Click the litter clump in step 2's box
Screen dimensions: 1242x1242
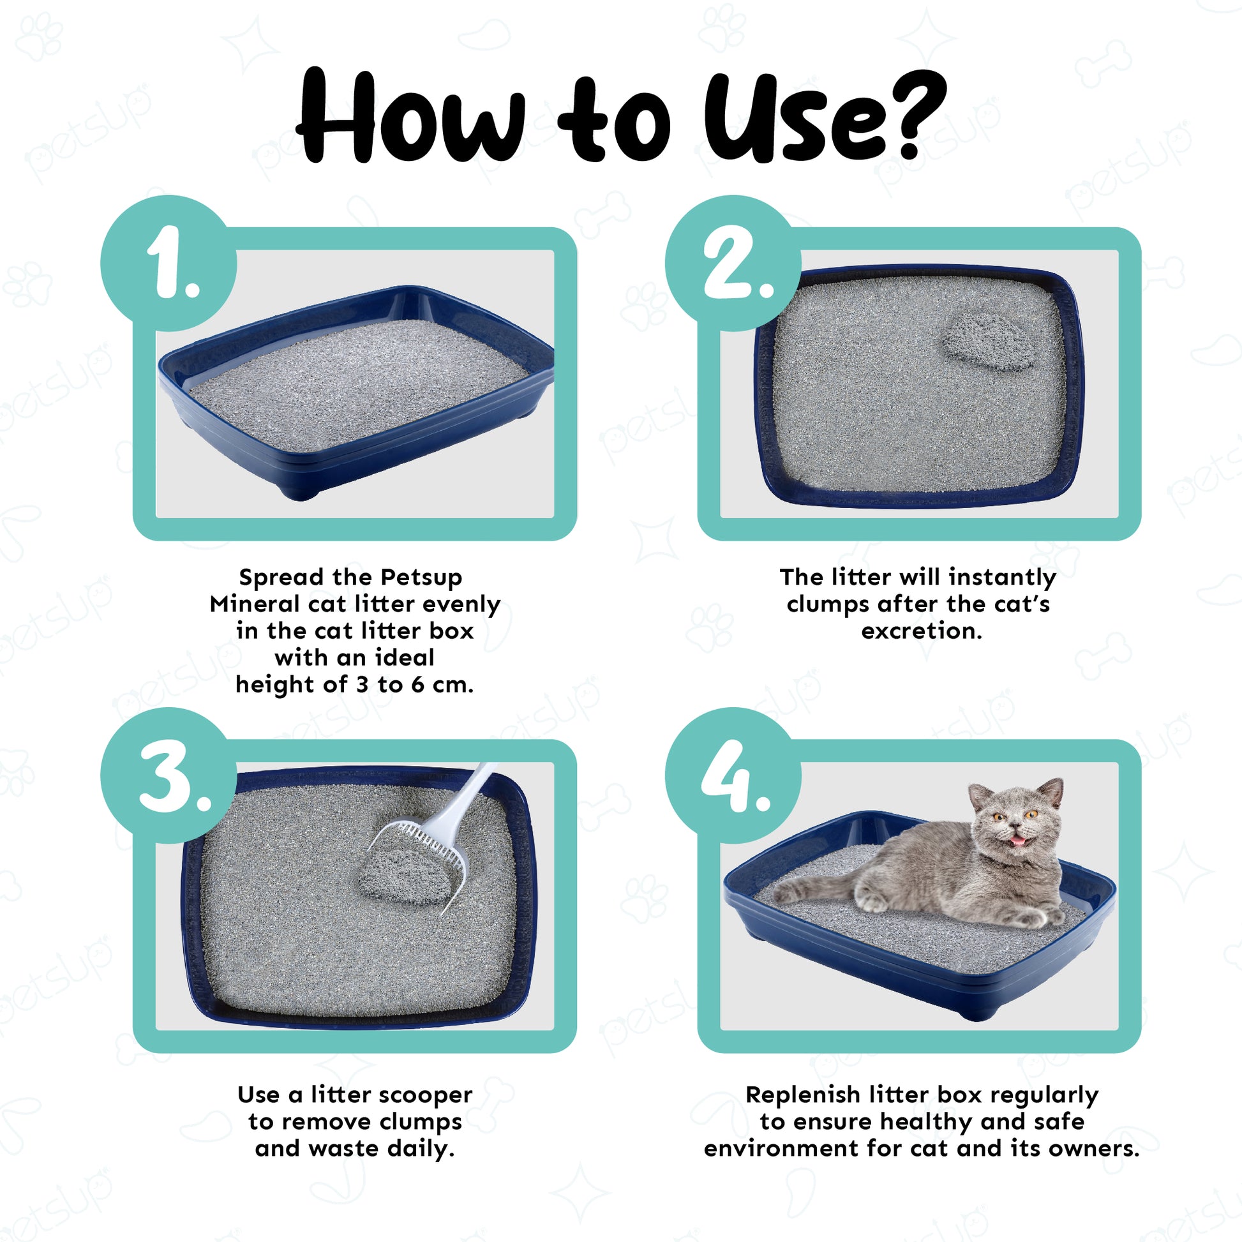[x=988, y=342]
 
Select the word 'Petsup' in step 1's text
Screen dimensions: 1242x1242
[x=421, y=578]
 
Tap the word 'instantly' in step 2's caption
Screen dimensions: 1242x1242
[x=1002, y=578]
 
